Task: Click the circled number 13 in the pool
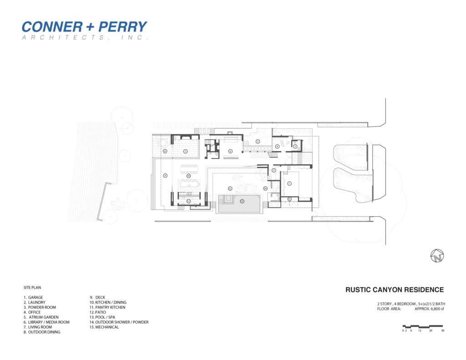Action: pyautogui.click(x=242, y=201)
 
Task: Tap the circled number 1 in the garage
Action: pyautogui.click(x=289, y=183)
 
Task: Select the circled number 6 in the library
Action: pyautogui.click(x=230, y=151)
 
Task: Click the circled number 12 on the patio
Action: pyautogui.click(x=230, y=188)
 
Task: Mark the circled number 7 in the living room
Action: pyautogui.click(x=186, y=151)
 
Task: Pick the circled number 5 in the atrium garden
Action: pyautogui.click(x=258, y=142)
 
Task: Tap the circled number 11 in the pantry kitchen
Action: pyautogui.click(x=188, y=201)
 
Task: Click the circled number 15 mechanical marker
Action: pyautogui.click(x=289, y=198)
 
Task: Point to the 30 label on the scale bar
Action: pyautogui.click(x=442, y=330)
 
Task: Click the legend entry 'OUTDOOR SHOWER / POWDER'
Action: pyautogui.click(x=122, y=322)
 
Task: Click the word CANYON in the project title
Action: pyautogui.click(x=390, y=289)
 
